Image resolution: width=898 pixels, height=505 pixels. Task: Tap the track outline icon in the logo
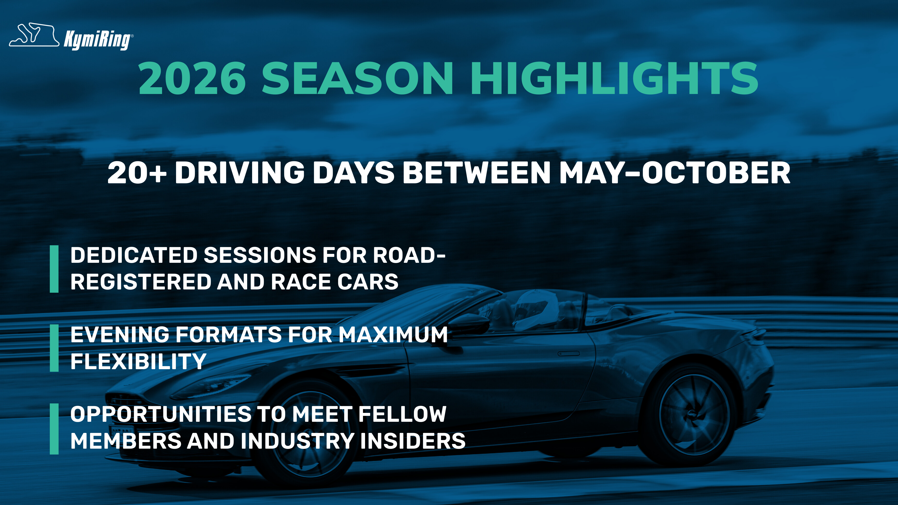pyautogui.click(x=34, y=35)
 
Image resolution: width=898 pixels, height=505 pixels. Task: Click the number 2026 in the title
pyautogui.click(x=192, y=78)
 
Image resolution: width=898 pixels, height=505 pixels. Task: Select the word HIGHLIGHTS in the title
pyautogui.click(x=615, y=78)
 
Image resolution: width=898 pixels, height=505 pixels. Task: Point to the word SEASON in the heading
pyautogui.click(x=357, y=78)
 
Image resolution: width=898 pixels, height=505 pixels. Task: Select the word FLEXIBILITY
pyautogui.click(x=138, y=361)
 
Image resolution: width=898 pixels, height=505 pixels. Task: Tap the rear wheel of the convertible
pyautogui.click(x=694, y=415)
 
